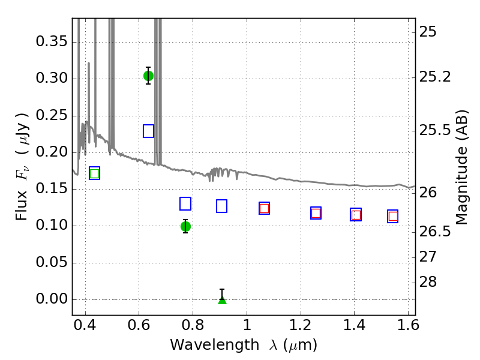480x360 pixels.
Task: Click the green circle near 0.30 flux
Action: (148, 76)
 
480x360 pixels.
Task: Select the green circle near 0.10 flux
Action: (185, 227)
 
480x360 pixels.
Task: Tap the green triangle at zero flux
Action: (222, 300)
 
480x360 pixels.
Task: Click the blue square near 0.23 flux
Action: (148, 131)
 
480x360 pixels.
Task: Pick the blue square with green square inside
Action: (95, 173)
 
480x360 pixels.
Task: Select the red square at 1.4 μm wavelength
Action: (356, 215)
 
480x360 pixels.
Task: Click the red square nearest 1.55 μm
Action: (393, 217)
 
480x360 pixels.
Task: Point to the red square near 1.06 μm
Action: (264, 208)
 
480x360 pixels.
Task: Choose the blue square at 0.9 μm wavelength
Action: (221, 206)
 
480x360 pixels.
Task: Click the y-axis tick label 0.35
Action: (52, 41)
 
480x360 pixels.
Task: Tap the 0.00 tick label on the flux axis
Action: (52, 299)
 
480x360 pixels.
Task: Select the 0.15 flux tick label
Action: (52, 188)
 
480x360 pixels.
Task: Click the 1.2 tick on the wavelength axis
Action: (301, 325)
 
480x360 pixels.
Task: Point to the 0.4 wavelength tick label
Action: (85, 325)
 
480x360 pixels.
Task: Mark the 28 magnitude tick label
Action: (428, 282)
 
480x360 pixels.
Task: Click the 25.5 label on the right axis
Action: (435, 130)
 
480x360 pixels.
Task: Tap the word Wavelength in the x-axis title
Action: (215, 345)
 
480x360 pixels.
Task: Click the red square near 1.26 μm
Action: (316, 213)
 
